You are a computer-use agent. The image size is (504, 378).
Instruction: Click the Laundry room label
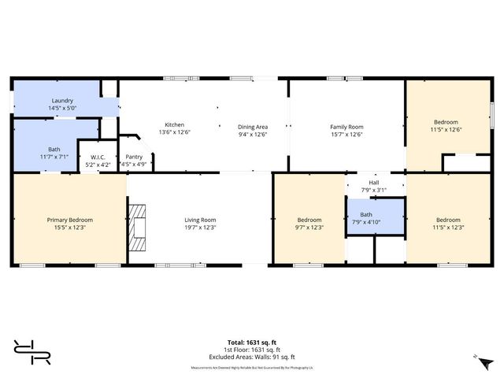click(x=62, y=101)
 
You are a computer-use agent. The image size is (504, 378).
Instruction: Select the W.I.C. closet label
click(x=98, y=157)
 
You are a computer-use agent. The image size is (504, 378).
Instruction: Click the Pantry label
click(x=134, y=157)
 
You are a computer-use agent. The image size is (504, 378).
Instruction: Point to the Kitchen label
click(x=173, y=125)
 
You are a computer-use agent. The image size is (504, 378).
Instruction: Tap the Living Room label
click(x=200, y=220)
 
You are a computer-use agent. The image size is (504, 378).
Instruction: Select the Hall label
click(x=373, y=182)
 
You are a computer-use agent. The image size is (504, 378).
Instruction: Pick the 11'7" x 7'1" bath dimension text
click(x=54, y=157)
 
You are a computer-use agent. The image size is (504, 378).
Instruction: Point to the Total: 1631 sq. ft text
click(x=252, y=342)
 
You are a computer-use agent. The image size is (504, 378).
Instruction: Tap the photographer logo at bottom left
click(x=32, y=351)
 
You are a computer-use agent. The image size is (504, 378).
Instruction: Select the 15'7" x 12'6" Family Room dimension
click(x=346, y=134)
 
